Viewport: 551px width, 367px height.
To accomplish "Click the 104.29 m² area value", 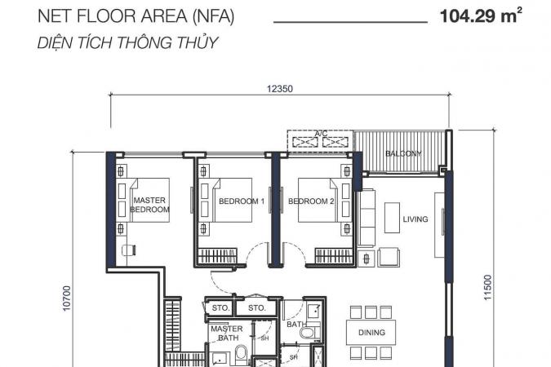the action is (x=481, y=15).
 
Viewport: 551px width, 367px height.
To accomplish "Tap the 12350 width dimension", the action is (x=280, y=89).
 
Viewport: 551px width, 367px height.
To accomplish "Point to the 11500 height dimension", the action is (x=487, y=287).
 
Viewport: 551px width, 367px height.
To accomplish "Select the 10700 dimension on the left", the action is (x=66, y=298).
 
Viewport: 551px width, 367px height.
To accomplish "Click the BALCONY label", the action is (x=403, y=153).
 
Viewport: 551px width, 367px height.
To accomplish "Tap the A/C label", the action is (x=321, y=134).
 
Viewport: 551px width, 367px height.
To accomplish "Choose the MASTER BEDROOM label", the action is (x=149, y=205).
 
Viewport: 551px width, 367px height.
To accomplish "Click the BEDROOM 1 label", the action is (x=242, y=201).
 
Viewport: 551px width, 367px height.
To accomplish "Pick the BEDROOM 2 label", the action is (x=311, y=201).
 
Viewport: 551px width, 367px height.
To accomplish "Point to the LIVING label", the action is (x=415, y=219).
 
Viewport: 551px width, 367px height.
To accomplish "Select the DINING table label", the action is (x=371, y=332).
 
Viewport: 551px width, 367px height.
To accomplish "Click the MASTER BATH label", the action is (x=227, y=334).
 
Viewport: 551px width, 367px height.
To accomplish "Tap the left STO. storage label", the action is (x=220, y=308).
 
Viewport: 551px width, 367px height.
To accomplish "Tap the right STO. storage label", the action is (x=257, y=308).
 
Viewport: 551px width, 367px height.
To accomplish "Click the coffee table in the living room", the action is (x=392, y=218).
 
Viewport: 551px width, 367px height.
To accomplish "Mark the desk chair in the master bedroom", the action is (x=129, y=250).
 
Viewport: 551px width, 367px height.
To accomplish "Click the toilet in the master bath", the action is (x=241, y=355).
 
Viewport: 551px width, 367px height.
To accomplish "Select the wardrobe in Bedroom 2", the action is (x=334, y=255).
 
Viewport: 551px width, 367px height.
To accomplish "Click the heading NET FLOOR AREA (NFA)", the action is (x=136, y=16).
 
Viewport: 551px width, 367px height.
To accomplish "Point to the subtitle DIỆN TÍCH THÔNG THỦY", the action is (x=127, y=42).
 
